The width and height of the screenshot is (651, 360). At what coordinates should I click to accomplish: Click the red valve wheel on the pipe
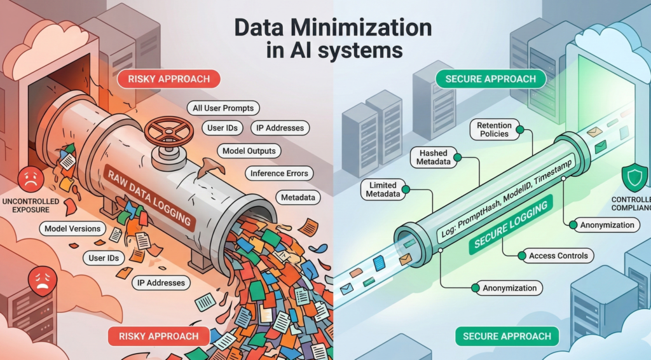169,132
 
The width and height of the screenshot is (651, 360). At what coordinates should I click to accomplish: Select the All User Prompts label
223,108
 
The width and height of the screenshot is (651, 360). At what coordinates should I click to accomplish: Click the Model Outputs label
249,151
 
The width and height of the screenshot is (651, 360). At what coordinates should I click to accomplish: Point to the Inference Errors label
279,173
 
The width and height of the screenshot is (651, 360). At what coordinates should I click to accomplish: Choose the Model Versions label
72,228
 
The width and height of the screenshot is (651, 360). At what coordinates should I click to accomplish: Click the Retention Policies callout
493,130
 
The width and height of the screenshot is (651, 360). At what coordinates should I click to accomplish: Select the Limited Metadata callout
383,189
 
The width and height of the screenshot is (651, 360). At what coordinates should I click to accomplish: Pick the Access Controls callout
557,256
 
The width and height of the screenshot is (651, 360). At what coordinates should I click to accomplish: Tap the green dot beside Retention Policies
519,130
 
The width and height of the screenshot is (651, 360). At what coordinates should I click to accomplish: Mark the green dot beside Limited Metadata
405,189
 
